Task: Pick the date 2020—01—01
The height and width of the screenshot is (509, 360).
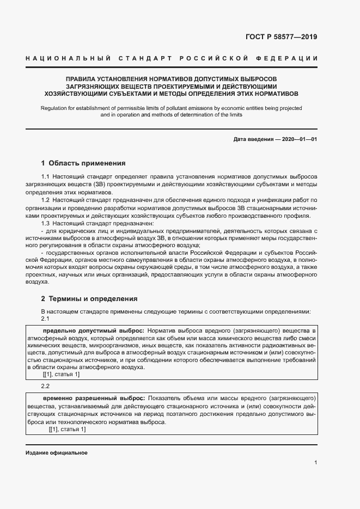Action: coord(297,139)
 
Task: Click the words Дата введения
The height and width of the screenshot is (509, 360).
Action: coord(253,139)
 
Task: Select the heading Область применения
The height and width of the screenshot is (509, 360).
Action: coord(87,163)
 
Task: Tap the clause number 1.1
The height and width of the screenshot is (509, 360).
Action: coord(46,177)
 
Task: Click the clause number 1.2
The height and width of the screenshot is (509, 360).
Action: coord(46,201)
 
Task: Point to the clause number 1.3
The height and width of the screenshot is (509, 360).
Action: coord(46,224)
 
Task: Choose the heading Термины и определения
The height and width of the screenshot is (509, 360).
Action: coord(93,298)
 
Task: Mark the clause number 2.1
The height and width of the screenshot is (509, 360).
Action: coord(46,318)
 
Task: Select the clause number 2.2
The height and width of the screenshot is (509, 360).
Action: coord(46,386)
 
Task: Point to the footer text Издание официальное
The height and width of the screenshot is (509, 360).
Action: coord(57,453)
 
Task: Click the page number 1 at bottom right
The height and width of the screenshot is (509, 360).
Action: coord(316,463)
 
